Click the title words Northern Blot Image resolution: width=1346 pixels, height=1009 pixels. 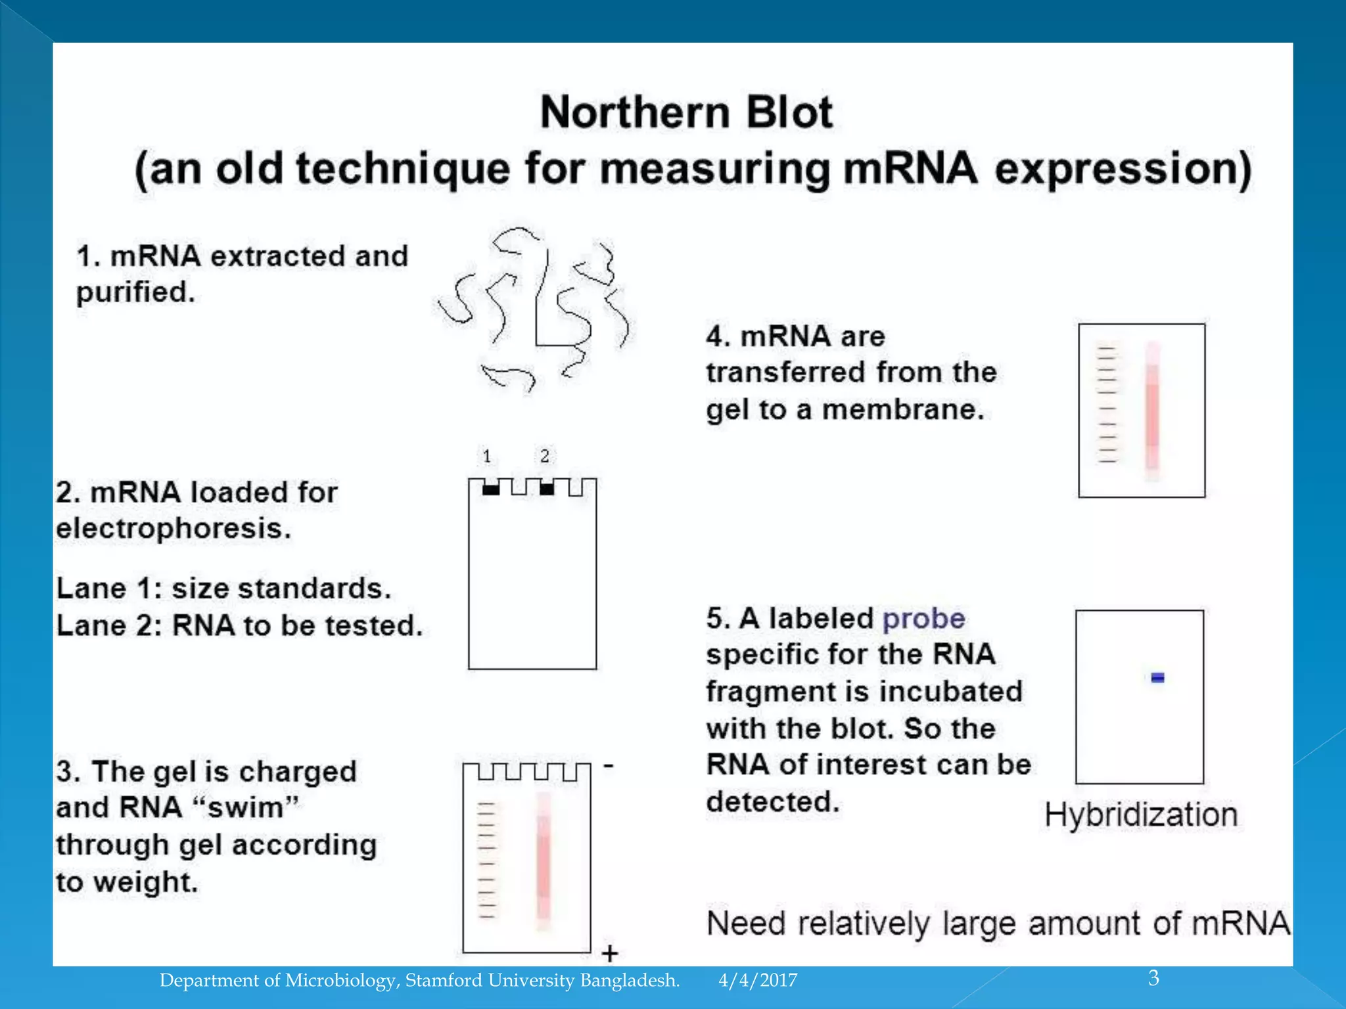tap(686, 112)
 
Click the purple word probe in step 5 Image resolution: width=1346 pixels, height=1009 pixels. tap(923, 619)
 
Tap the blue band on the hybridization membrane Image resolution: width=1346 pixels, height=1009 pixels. tap(1157, 677)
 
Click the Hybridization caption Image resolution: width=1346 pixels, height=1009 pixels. tap(1141, 815)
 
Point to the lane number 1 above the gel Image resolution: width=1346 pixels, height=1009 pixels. tap(487, 456)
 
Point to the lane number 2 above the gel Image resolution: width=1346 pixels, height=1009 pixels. tap(545, 456)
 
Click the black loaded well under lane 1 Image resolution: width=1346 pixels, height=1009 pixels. tap(491, 489)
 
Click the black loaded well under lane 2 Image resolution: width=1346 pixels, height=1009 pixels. tap(547, 489)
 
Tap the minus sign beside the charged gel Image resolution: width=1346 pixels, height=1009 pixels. tap(609, 766)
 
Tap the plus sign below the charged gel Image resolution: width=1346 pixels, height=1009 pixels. tap(609, 953)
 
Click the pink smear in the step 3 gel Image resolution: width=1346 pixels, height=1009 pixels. tap(543, 861)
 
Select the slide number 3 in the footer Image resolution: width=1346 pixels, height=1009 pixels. tap(1153, 978)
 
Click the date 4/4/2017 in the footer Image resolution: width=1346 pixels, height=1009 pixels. tap(758, 981)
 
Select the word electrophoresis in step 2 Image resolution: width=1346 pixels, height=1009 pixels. tap(174, 529)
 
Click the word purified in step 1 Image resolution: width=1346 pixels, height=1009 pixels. tap(135, 293)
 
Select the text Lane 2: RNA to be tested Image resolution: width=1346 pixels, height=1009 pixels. tap(239, 626)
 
